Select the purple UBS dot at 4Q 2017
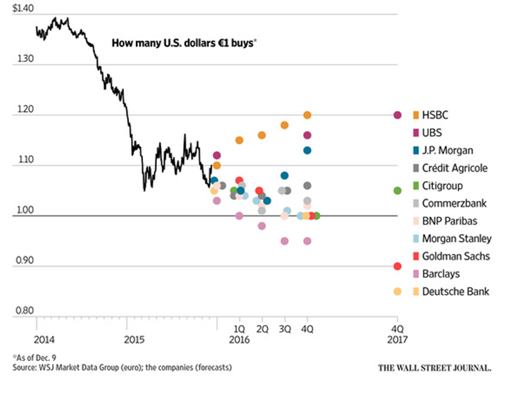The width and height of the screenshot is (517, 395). pos(398,115)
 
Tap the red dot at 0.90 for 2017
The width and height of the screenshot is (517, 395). pos(398,266)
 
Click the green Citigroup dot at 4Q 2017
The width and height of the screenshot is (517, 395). pos(398,191)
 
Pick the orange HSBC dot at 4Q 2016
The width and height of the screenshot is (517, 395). pos(307,115)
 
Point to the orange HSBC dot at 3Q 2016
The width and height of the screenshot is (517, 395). pos(285,125)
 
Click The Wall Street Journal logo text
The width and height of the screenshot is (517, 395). pos(434,367)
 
